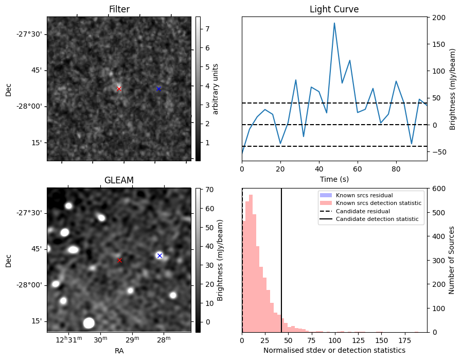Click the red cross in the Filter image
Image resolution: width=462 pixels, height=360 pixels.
click(x=119, y=89)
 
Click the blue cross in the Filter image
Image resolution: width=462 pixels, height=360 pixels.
click(x=158, y=89)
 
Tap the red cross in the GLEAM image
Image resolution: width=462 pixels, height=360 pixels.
click(x=120, y=260)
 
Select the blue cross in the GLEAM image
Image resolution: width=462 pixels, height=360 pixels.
click(x=159, y=255)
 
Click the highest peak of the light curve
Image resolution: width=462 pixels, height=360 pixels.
click(x=334, y=23)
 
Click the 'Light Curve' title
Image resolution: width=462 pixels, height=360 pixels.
click(x=334, y=9)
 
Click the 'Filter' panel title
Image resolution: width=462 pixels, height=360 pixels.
click(x=119, y=9)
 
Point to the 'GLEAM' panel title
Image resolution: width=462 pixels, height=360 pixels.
click(x=119, y=180)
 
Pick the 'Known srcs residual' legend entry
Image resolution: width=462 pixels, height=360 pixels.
click(x=364, y=195)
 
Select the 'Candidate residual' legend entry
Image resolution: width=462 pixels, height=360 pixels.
click(x=363, y=212)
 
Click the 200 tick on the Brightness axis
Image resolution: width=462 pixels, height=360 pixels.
click(x=437, y=18)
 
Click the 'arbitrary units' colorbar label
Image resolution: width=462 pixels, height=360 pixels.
click(x=216, y=89)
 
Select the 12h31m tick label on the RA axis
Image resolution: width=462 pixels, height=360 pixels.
click(x=69, y=339)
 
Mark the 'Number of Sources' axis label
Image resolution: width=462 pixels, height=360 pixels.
click(x=451, y=260)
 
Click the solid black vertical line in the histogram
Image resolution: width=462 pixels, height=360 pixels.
click(x=281, y=258)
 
